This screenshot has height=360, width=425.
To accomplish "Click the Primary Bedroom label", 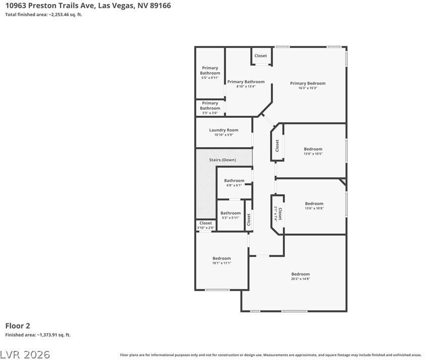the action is point(308,83).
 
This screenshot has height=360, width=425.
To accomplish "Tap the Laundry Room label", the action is point(224,130).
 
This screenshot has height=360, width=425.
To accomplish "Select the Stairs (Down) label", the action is point(223,160).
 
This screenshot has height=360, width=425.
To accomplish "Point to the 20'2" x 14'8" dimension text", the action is point(301,279).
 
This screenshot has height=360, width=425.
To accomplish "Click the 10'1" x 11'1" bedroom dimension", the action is point(222,263).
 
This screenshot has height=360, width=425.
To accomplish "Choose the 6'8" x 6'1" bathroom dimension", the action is point(234,185).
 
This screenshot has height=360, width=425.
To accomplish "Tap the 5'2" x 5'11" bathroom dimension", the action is point(230,218).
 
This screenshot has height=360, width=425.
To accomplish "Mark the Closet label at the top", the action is point(261,56).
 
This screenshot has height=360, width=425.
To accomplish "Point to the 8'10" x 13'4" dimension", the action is point(246,86).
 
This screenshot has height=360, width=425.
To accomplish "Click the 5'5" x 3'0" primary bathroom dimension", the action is point(210,113).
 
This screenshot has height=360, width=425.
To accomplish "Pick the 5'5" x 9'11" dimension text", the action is point(210,78).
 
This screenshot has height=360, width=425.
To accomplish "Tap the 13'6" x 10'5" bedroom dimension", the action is point(313,154).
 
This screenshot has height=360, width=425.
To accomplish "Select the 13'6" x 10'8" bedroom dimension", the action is point(314,208).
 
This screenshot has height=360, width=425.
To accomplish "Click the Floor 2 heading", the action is point(18,326).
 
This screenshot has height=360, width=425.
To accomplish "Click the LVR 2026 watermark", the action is point(25,354).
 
